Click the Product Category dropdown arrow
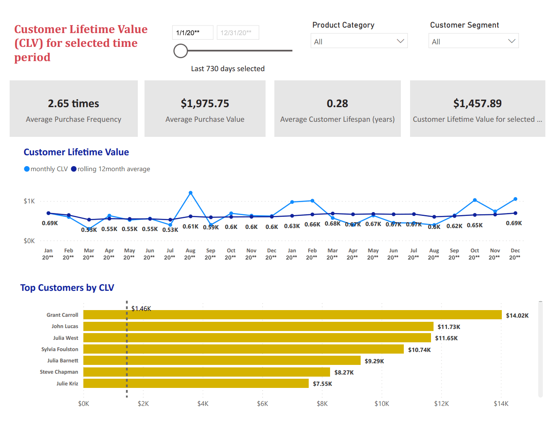pos(400,41)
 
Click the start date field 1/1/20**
pos(192,33)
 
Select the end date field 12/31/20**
pos(237,33)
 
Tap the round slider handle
pos(181,51)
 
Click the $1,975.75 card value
pos(205,103)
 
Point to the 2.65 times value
pos(73,103)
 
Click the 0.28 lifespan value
pos(337,103)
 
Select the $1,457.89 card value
pos(477,103)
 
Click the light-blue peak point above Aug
pos(191,193)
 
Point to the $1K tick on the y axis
pos(29,201)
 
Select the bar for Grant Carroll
pos(292,315)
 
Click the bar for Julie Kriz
pos(196,383)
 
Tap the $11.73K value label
pos(449,327)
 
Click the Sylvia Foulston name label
pos(59,349)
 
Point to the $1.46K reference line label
pos(141,309)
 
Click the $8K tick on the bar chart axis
pos(322,404)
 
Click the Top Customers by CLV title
pos(67,288)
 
